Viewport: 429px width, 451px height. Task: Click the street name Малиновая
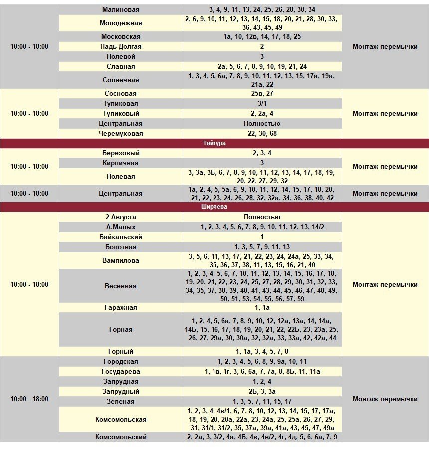[x=121, y=9]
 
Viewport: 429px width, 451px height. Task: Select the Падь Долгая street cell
[x=121, y=46]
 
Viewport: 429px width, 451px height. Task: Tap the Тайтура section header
[x=214, y=143]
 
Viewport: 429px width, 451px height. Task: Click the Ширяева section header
[x=214, y=207]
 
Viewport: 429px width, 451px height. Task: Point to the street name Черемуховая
[x=121, y=133]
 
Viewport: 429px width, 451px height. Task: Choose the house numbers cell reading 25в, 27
[x=262, y=93]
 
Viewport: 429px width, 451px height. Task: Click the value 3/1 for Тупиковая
[x=262, y=103]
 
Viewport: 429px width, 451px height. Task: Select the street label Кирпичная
[x=121, y=163]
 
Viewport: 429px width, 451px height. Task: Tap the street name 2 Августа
[x=121, y=217]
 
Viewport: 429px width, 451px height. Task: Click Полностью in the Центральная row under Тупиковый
[x=262, y=123]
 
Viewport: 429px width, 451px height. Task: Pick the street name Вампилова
[x=121, y=260]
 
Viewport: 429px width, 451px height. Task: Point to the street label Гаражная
[x=121, y=307]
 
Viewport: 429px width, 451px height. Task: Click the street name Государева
[x=121, y=371]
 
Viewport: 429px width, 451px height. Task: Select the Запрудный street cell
[x=121, y=391]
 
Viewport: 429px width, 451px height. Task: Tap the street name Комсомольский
[x=121, y=437]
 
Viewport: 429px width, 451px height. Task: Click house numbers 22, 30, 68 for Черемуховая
[x=262, y=133]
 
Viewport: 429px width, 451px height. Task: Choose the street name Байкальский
[x=121, y=237]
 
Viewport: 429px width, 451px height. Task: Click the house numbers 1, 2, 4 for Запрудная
[x=262, y=381]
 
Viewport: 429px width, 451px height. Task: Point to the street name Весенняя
[x=121, y=286]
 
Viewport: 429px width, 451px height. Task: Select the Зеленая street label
[x=121, y=401]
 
